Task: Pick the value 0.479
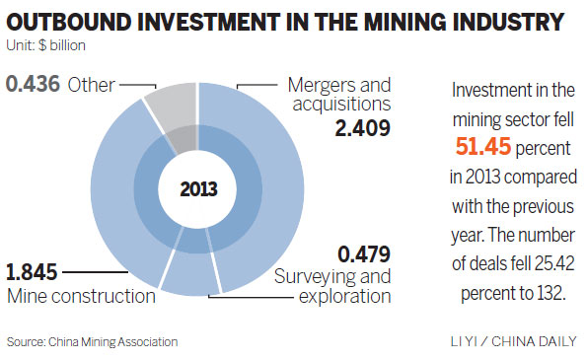[363, 253]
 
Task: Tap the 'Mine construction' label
[82, 295]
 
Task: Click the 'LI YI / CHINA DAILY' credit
[512, 341]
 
